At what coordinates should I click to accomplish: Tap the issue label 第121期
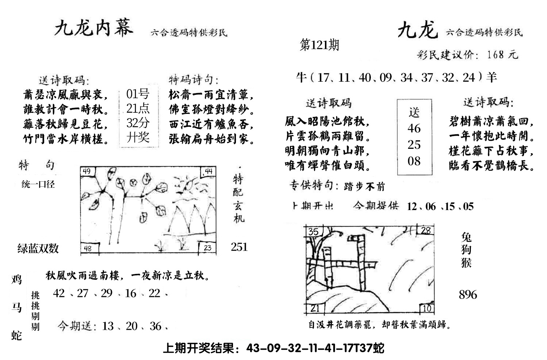click(x=319, y=45)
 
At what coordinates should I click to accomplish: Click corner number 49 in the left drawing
click(x=87, y=171)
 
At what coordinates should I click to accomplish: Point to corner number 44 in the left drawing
click(x=208, y=171)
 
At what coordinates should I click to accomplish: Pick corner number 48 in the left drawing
click(x=88, y=249)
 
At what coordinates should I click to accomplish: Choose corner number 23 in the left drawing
click(x=207, y=248)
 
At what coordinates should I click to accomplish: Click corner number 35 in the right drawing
click(x=313, y=231)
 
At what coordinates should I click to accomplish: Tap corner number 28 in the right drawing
click(x=426, y=230)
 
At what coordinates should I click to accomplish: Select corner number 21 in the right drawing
click(x=314, y=309)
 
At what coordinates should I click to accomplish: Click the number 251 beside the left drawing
click(x=239, y=247)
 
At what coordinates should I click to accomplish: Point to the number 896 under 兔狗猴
click(x=468, y=295)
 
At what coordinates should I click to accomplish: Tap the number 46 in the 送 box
click(x=414, y=128)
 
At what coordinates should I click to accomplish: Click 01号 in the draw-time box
click(x=137, y=94)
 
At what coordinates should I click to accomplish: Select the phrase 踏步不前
click(x=364, y=187)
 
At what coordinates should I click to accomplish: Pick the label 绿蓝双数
click(x=38, y=248)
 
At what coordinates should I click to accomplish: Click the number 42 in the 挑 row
click(x=59, y=293)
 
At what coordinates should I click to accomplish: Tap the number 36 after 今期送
click(x=155, y=326)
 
